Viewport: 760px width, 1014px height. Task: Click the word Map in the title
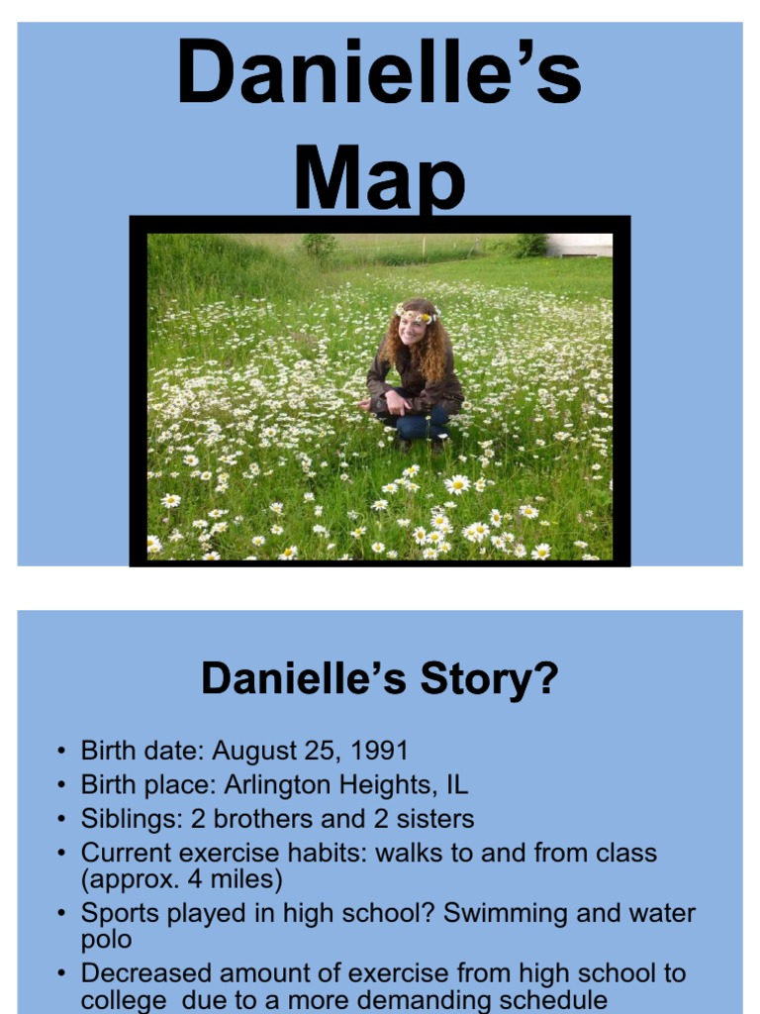(379, 180)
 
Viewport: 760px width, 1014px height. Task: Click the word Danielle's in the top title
(379, 74)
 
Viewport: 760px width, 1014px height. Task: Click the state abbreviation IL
(455, 785)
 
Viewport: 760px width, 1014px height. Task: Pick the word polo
(106, 940)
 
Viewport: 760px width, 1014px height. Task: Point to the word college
(124, 1000)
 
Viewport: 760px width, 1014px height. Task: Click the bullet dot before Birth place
(62, 786)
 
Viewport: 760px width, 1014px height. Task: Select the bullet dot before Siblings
(62, 820)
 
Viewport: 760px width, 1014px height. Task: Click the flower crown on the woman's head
(416, 313)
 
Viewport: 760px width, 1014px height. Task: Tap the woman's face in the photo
(412, 329)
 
